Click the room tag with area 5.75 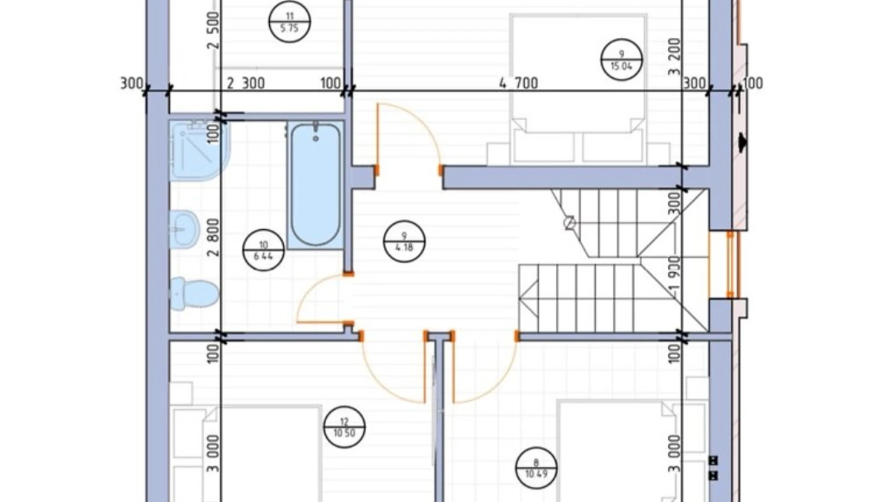click(x=289, y=22)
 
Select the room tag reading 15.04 click(x=621, y=60)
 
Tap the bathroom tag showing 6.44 click(x=263, y=250)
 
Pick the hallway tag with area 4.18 click(x=404, y=241)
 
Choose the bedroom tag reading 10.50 click(x=344, y=427)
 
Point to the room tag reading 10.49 click(x=536, y=468)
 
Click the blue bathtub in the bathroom click(x=316, y=185)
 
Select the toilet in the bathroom click(x=194, y=294)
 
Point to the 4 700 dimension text click(x=519, y=83)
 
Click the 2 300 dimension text click(x=246, y=83)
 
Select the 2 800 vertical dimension click(x=214, y=237)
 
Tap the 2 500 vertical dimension click(x=214, y=30)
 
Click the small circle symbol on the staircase click(x=570, y=223)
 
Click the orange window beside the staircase click(x=730, y=265)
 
